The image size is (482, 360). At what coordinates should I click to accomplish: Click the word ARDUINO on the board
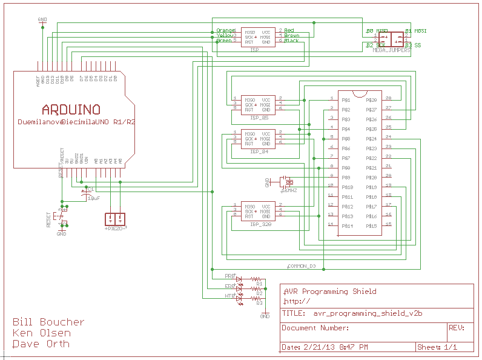click(x=71, y=110)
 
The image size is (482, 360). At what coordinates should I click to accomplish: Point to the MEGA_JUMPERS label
click(x=391, y=51)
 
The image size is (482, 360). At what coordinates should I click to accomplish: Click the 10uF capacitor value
click(x=93, y=198)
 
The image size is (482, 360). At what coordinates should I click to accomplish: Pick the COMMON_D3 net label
click(x=301, y=266)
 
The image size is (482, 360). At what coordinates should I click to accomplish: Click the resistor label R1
click(x=259, y=284)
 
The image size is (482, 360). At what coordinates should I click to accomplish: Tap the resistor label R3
click(x=259, y=302)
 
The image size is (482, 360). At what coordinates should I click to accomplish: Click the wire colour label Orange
click(x=226, y=30)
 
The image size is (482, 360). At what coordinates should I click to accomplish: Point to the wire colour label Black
click(x=292, y=41)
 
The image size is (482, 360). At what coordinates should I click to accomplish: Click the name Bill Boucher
click(x=48, y=322)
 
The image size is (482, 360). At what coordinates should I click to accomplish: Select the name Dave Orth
click(x=41, y=344)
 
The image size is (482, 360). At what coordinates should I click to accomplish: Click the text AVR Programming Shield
click(x=330, y=291)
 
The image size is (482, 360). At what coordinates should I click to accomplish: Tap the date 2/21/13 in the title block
click(x=315, y=347)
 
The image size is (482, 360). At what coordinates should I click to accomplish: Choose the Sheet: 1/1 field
click(x=437, y=347)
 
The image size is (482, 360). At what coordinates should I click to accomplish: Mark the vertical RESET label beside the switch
click(x=48, y=219)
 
